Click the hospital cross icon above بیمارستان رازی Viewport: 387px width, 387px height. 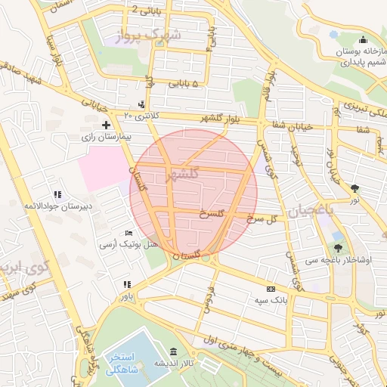pos(105,125)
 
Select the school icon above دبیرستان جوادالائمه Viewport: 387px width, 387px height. pos(57,194)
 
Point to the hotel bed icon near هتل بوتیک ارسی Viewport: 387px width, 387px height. pos(128,233)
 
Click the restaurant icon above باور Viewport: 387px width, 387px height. pos(127,285)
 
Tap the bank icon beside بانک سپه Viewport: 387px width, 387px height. pos(270,289)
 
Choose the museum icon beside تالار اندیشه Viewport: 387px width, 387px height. pos(174,352)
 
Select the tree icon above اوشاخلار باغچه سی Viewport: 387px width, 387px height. pos(337,247)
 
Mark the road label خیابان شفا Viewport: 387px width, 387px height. pos(298,126)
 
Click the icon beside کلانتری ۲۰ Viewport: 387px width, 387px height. pos(142,104)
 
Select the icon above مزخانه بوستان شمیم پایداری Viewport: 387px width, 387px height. pos(363,40)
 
